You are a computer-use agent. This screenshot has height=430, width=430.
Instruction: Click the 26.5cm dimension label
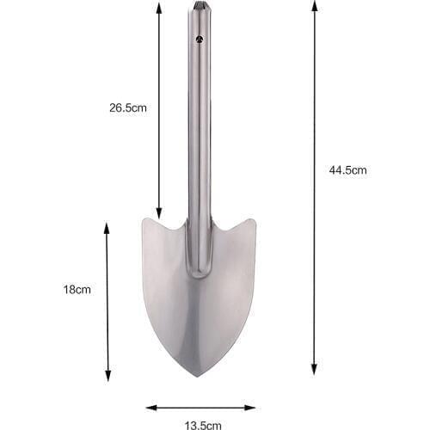coord(128,108)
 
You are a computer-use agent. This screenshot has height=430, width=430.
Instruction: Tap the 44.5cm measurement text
coord(347,170)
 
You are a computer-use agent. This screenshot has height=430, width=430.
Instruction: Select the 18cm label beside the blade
coord(77,290)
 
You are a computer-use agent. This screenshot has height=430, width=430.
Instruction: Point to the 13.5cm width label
coord(201,424)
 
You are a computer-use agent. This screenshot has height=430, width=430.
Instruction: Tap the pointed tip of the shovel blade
coord(199,375)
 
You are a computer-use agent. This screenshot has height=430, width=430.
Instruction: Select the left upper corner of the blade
coord(144,220)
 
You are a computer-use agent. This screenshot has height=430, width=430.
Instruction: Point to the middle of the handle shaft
coord(199,129)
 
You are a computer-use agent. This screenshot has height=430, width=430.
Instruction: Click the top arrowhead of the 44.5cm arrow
coord(315,5)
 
